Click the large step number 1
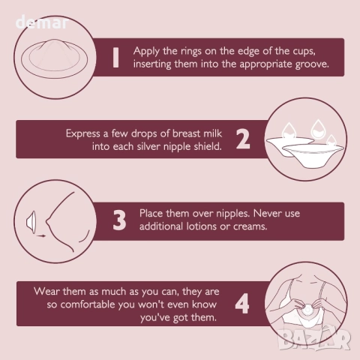point(115,58)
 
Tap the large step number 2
point(243,139)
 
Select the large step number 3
point(119,220)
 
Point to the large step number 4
point(242,304)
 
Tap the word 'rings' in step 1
point(191,52)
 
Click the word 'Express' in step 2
point(83,133)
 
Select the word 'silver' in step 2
point(148,146)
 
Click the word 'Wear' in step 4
point(46,292)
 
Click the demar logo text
point(42,22)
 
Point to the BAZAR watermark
point(314,339)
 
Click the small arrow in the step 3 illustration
point(41,235)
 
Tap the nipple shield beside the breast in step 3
point(31,222)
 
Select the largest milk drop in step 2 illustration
point(318,129)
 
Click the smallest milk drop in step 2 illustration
point(331,140)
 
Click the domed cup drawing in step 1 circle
point(54,58)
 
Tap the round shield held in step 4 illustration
point(307,310)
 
